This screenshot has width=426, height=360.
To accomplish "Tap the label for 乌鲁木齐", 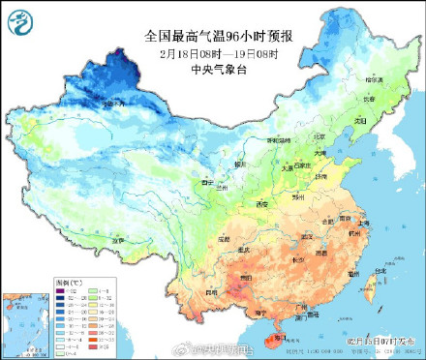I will pyautogui.click(x=108, y=100).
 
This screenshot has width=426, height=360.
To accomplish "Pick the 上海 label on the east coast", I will pyautogui.click(x=364, y=222).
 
